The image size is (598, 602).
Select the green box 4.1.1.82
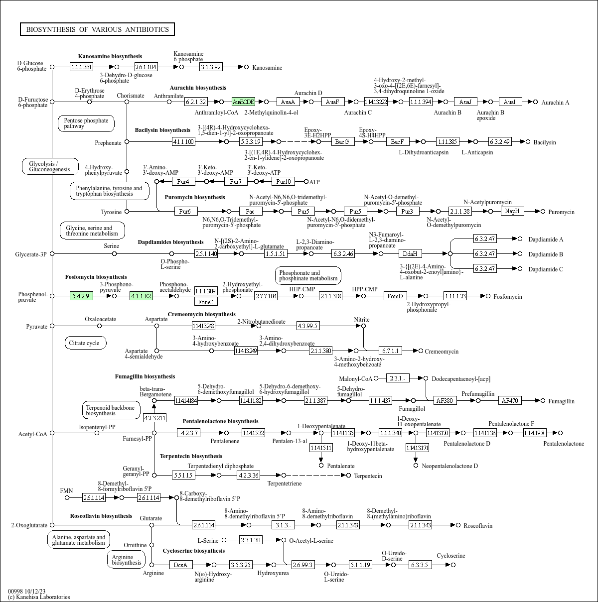[x=141, y=296]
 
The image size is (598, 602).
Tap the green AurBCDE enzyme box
[x=243, y=102]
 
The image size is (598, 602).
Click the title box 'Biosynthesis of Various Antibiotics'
[x=97, y=29]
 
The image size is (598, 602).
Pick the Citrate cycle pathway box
[x=85, y=343]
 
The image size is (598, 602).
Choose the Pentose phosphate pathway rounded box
[x=86, y=123]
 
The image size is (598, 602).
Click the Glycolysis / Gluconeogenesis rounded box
[x=50, y=166]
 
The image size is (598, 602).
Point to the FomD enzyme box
[x=395, y=296]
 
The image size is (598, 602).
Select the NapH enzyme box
[x=512, y=211]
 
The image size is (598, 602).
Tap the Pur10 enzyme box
[x=284, y=181]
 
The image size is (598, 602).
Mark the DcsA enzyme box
[x=180, y=565]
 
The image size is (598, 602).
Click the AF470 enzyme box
[x=510, y=400]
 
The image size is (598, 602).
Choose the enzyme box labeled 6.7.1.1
[x=390, y=351]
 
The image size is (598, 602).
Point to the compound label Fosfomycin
[x=508, y=296]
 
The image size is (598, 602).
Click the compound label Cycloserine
[x=450, y=556]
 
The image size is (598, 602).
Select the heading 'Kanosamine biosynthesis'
[x=110, y=56]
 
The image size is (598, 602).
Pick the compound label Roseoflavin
[x=478, y=525]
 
